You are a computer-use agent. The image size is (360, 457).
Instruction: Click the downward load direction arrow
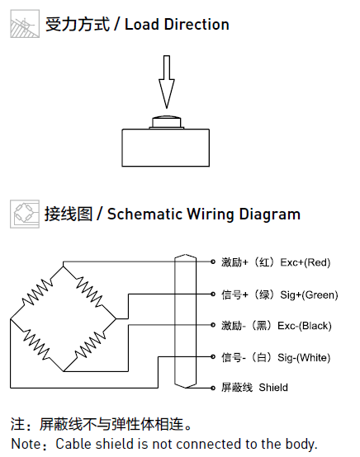tap(167, 82)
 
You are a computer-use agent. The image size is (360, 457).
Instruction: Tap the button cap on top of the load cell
tap(167, 122)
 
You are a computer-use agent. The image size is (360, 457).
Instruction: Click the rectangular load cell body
tap(165, 148)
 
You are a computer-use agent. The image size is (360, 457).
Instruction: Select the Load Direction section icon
tap(25, 24)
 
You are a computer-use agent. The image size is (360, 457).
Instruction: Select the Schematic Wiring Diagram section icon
tap(25, 214)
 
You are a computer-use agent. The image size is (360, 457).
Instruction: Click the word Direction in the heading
tap(197, 25)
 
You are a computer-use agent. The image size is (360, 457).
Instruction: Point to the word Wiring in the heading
tap(211, 214)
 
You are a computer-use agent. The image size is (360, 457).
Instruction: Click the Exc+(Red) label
tap(306, 262)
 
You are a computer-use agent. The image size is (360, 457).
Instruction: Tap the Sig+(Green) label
tap(309, 295)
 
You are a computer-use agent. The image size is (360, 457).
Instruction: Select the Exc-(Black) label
tap(305, 326)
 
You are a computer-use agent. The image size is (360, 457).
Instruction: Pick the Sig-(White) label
tap(304, 357)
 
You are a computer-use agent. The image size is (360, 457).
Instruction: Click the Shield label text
tap(273, 388)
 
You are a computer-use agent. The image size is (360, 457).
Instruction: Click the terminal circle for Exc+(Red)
tap(213, 261)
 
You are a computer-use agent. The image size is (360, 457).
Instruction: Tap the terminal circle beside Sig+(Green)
tap(213, 294)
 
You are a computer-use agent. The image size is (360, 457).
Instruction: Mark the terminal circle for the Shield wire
tap(213, 388)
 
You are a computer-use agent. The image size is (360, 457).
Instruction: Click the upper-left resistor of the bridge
tap(37, 292)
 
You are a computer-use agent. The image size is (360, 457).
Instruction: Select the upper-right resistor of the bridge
tap(89, 292)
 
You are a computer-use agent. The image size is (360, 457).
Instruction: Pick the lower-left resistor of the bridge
tap(36, 345)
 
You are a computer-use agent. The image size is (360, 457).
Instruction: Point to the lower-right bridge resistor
tap(90, 345)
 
